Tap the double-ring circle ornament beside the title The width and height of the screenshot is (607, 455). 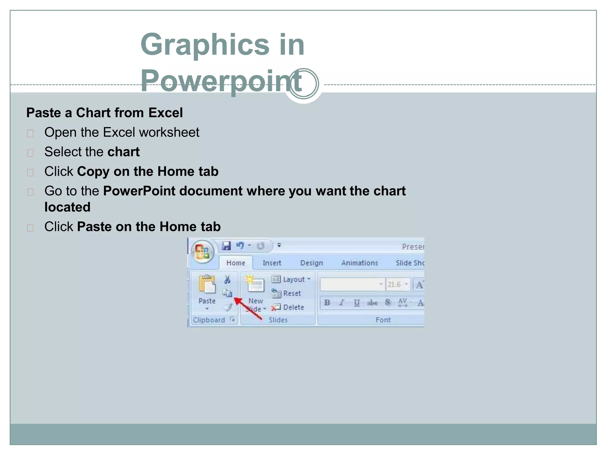303,84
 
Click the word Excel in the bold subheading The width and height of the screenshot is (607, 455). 165,113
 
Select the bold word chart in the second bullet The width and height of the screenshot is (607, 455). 123,152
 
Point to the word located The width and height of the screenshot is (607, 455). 67,207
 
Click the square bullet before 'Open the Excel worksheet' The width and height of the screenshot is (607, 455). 30,134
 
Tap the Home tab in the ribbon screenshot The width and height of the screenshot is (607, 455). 236,263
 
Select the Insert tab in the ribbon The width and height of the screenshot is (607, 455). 272,263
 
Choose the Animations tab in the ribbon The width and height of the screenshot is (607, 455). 359,263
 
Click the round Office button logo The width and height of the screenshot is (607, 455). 202,251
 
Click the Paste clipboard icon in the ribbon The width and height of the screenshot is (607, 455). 207,284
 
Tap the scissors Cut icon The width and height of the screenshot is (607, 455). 227,279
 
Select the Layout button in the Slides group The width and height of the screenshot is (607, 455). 290,279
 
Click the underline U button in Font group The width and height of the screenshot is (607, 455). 357,303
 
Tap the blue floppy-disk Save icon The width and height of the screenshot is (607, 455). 226,246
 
